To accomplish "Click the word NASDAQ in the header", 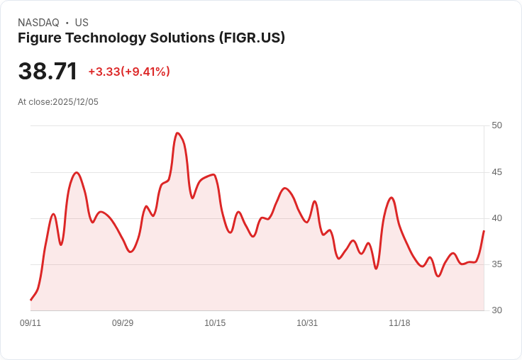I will (38, 23).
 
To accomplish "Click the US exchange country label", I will (82, 23).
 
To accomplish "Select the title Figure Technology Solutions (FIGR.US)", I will (151, 38).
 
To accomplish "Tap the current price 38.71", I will (48, 72).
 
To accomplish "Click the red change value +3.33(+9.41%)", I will (129, 72).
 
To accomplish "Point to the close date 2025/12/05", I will (75, 102).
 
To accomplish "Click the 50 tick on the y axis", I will (496, 125).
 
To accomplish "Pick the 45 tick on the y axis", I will (496, 172).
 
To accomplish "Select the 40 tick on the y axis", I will (496, 218).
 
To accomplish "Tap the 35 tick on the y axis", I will (496, 264).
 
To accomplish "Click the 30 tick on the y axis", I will (496, 310).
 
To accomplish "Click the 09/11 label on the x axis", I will (30, 323).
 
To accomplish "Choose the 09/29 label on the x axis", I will (123, 323).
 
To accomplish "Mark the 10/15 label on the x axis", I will (215, 323).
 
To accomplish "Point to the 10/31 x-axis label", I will (307, 323).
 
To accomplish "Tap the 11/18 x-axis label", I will (399, 323).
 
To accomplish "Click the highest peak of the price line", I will (177, 133).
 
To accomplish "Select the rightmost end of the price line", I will (484, 231).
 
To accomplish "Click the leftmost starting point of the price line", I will (30, 300).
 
